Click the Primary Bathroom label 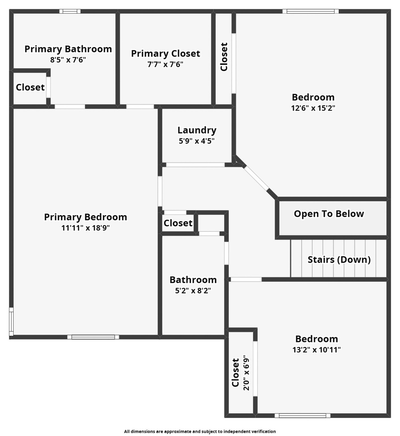68,49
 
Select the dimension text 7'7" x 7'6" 165,64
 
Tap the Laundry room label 197,130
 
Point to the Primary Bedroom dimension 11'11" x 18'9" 85,228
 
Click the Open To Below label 329,214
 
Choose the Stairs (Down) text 339,259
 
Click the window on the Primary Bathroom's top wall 70,11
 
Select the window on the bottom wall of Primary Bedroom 93,337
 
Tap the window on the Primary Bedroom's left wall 11,322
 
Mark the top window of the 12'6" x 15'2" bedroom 310,11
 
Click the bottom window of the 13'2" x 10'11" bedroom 302,416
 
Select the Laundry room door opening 195,165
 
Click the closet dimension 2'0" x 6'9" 246,372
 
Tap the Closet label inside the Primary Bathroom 30,87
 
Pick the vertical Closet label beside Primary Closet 224,57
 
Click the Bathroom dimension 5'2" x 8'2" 193,291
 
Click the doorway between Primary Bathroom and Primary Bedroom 70,107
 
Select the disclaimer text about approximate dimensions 200,431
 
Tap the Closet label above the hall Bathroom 178,223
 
